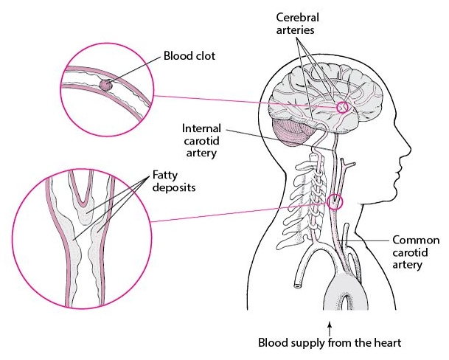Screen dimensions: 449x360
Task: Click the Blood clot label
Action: click(189, 55)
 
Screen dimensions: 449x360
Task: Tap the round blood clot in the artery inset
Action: click(105, 85)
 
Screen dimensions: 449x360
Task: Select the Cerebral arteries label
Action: click(297, 24)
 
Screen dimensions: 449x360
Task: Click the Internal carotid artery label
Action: click(201, 140)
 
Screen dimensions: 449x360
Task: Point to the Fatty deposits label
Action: click(174, 181)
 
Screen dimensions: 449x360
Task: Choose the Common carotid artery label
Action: click(416, 252)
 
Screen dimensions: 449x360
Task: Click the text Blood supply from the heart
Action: click(330, 342)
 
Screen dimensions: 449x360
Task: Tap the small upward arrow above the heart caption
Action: click(330, 328)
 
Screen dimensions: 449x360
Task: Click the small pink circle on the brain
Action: click(343, 108)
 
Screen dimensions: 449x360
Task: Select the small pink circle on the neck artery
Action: click(335, 202)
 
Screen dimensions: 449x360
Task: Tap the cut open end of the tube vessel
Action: click(298, 285)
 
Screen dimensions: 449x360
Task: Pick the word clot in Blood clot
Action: click(205, 55)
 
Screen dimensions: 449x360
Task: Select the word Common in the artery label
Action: click(416, 240)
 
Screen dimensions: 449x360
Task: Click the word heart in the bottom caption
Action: click(388, 342)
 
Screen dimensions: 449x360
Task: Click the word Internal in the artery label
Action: click(201, 128)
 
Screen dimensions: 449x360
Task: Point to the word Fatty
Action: click(165, 176)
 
